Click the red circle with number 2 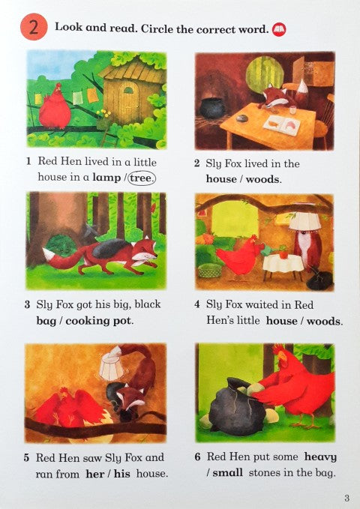tap(34, 27)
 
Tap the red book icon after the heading tap(279, 29)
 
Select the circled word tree tap(142, 178)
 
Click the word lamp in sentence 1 tap(106, 178)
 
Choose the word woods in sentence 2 tap(262, 179)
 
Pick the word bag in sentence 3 tap(47, 322)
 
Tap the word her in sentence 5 tap(94, 474)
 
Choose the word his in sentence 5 tap(122, 474)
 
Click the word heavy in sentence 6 tap(320, 457)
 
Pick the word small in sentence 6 tap(228, 472)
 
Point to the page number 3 tap(346, 498)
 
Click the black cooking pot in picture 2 tap(212, 108)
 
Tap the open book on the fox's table tap(281, 125)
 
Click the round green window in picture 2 tap(260, 74)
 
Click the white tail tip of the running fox tap(49, 254)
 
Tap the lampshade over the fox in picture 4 tap(304, 220)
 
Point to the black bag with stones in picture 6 tap(235, 406)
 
